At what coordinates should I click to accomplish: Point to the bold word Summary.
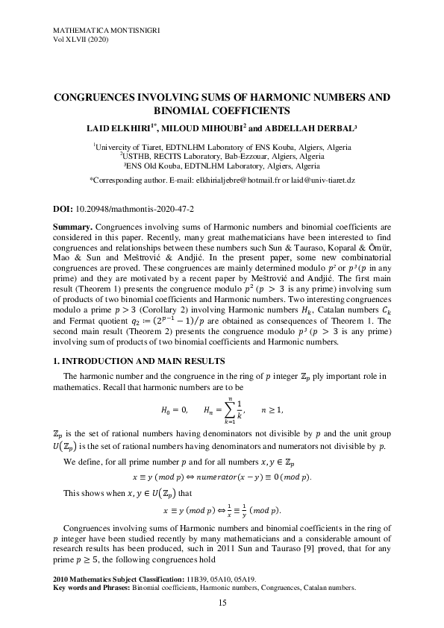point(72,224)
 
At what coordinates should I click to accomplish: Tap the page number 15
point(222,603)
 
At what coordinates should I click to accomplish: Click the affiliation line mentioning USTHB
point(222,157)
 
